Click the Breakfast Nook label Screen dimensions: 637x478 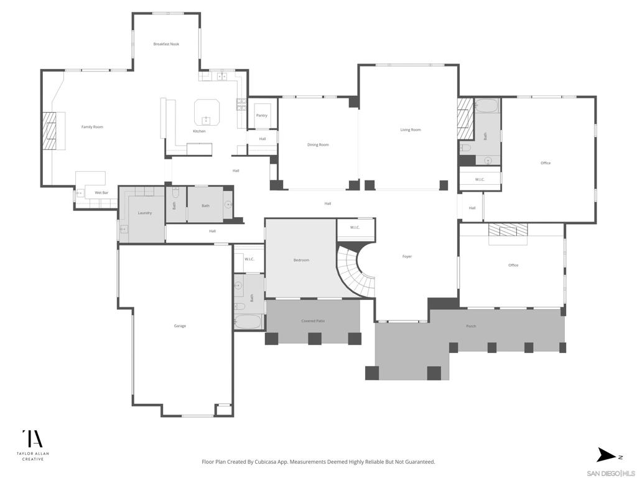click(x=166, y=44)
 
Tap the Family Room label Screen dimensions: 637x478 click(x=92, y=127)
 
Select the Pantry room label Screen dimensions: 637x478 click(x=262, y=115)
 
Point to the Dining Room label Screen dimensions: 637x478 click(x=318, y=144)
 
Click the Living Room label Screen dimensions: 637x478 click(x=411, y=129)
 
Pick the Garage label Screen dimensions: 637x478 click(x=180, y=326)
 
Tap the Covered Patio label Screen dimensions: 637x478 click(x=314, y=321)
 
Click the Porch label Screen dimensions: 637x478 click(x=472, y=326)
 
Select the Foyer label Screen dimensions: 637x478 click(x=407, y=256)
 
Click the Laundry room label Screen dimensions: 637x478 click(x=145, y=213)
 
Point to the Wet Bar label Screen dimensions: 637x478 click(x=101, y=193)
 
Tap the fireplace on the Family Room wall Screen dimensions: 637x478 click(x=50, y=131)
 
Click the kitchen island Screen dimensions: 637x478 click(x=207, y=112)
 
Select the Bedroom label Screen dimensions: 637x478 click(x=302, y=260)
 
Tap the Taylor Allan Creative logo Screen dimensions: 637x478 click(x=33, y=445)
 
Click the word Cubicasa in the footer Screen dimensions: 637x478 click(x=267, y=462)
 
